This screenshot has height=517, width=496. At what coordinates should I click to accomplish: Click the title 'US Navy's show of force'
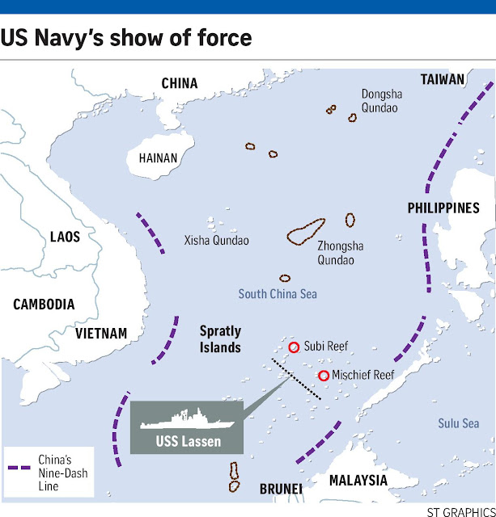click(x=126, y=38)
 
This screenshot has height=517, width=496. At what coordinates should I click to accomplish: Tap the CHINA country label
click(x=180, y=83)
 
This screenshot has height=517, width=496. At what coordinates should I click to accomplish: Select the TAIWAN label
click(x=443, y=79)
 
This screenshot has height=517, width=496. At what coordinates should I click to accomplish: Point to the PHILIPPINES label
click(x=443, y=208)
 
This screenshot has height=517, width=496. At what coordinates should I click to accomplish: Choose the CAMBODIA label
click(x=44, y=305)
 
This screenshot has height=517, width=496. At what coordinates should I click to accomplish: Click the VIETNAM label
click(x=101, y=333)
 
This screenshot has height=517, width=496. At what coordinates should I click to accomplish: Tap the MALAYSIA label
click(x=358, y=481)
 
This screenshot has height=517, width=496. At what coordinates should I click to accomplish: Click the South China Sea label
click(x=278, y=294)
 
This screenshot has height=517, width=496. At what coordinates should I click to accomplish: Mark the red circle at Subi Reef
click(x=294, y=347)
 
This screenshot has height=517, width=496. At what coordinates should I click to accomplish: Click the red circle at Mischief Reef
click(x=324, y=376)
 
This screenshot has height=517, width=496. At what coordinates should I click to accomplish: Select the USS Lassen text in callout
click(x=188, y=441)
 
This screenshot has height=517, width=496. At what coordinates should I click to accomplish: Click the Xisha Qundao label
click(x=216, y=241)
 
